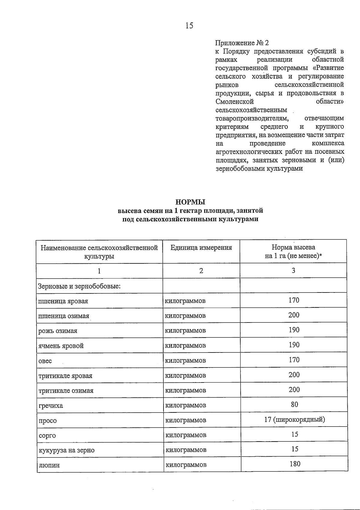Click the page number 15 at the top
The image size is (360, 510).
(x=189, y=26)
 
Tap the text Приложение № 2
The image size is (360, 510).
(x=242, y=43)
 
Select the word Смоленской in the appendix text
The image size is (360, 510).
(x=235, y=101)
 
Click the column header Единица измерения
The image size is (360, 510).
(x=201, y=247)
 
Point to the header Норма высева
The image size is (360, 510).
(x=293, y=247)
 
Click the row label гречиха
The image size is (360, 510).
(x=51, y=406)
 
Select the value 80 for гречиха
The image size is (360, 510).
(x=294, y=404)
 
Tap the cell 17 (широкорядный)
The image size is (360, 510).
(x=294, y=419)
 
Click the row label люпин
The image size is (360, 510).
(x=49, y=465)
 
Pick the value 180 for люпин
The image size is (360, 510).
(x=295, y=464)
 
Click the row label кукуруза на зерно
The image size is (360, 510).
(x=67, y=450)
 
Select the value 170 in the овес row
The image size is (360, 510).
(x=294, y=360)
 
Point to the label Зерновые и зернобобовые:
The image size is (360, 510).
(x=79, y=286)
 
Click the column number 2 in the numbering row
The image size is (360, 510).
(x=201, y=271)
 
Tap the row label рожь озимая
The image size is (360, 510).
(x=58, y=331)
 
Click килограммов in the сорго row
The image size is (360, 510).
(x=186, y=435)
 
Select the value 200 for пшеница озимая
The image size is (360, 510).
(x=294, y=315)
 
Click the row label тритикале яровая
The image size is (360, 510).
(x=65, y=376)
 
